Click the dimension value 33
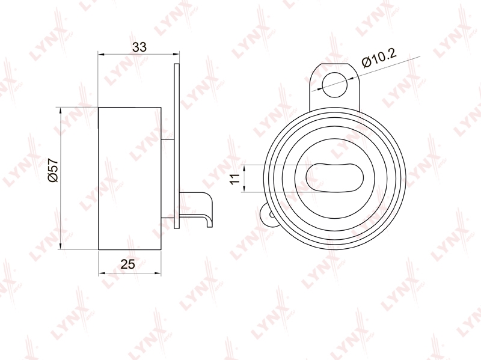[139, 47]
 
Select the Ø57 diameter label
[53, 170]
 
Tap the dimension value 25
[127, 264]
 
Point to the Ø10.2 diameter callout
[379, 58]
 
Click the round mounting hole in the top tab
[335, 85]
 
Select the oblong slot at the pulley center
[335, 177]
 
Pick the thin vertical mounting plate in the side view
[176, 145]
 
